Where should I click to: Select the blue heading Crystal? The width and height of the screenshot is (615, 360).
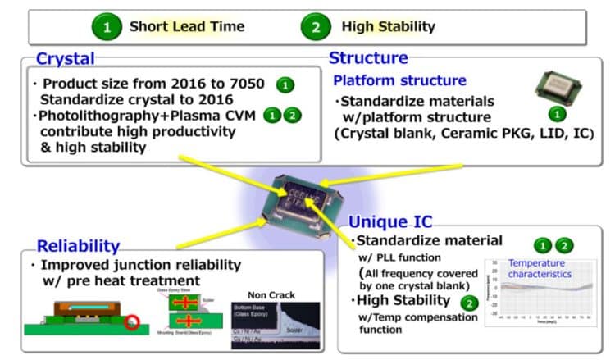65,59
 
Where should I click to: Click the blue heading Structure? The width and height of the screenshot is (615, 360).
368,58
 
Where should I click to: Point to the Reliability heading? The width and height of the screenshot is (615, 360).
78,245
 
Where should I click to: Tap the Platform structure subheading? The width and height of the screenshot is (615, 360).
400,81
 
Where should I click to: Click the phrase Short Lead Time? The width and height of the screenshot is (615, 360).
187,27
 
